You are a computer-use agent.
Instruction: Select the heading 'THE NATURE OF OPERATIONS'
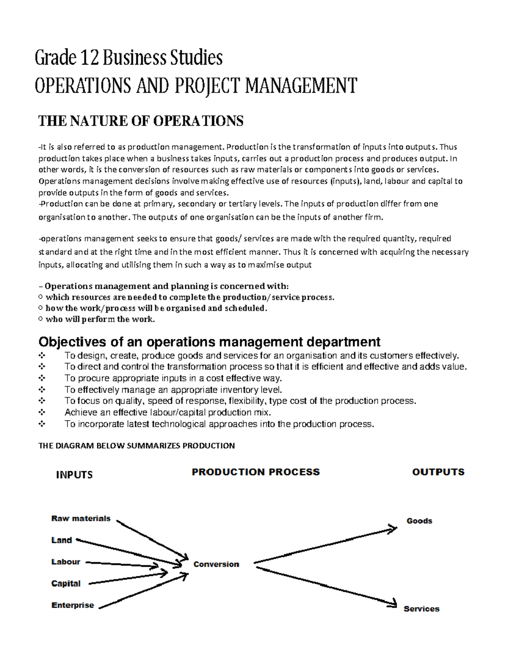[x=141, y=121]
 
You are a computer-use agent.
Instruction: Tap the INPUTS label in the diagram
[x=74, y=475]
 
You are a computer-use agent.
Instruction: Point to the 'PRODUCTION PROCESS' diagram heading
[x=256, y=472]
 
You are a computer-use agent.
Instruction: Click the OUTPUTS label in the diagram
[x=438, y=472]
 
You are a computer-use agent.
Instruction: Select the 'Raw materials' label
[x=81, y=518]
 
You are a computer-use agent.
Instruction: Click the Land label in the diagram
[x=61, y=540]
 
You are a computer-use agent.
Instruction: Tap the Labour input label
[x=66, y=562]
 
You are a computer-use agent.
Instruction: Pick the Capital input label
[x=66, y=583]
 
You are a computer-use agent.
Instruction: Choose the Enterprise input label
[x=73, y=605]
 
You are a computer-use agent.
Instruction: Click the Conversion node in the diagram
[x=216, y=564]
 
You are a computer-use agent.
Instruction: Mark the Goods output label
[x=419, y=521]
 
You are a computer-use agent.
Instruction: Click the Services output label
[x=421, y=609]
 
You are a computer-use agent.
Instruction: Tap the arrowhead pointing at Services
[x=393, y=604]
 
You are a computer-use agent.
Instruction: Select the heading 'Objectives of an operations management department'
[x=209, y=342]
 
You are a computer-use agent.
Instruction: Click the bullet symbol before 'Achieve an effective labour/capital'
[x=42, y=412]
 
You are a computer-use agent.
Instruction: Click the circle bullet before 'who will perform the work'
[x=41, y=319]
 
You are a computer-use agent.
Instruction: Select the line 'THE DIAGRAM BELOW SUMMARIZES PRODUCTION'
[x=137, y=446]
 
